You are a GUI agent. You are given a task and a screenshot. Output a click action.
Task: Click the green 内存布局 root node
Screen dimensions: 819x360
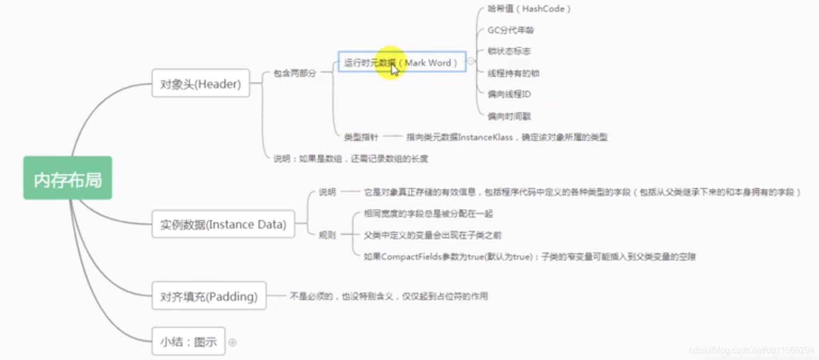[68, 178]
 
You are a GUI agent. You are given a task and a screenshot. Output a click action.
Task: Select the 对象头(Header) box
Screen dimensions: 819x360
[201, 83]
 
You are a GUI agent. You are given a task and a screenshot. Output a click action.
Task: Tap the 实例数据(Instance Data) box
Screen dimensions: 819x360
[223, 224]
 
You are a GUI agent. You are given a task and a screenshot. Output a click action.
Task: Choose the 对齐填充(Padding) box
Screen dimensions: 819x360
[209, 296]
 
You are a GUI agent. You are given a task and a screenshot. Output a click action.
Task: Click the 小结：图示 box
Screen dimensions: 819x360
[188, 341]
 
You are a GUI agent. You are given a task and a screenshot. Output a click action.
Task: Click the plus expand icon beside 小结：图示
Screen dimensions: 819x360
[232, 342]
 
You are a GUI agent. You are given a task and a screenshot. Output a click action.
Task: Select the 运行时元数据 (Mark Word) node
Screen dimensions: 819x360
[401, 62]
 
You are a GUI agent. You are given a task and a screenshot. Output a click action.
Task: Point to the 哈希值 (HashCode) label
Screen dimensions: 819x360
[529, 9]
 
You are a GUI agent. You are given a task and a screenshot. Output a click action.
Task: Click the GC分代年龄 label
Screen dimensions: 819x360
[510, 30]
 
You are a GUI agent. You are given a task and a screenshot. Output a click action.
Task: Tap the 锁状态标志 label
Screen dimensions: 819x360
[509, 51]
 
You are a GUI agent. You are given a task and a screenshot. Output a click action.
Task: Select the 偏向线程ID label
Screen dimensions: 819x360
[509, 95]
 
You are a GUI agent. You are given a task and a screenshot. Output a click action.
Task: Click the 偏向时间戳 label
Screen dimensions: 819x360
[509, 116]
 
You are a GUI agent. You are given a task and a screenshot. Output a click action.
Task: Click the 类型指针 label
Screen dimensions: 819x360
[361, 137]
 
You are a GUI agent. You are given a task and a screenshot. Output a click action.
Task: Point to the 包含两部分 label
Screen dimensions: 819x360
[295, 73]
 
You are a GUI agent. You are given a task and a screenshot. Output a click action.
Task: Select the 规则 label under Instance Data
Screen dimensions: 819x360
[327, 235]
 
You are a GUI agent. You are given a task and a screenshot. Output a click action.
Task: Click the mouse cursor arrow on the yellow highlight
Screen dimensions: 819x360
[395, 70]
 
